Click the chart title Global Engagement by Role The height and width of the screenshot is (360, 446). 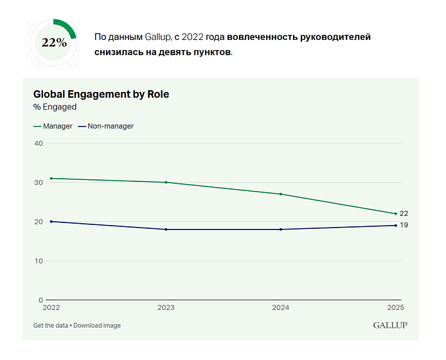pyautogui.click(x=101, y=94)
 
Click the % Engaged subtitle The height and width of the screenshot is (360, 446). pyautogui.click(x=55, y=107)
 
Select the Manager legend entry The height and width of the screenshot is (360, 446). pyautogui.click(x=53, y=126)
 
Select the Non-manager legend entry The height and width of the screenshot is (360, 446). pyautogui.click(x=106, y=126)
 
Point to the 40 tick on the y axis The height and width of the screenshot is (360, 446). pyautogui.click(x=39, y=143)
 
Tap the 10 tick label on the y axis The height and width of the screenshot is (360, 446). pyautogui.click(x=39, y=261)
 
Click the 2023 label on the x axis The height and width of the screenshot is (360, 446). pyautogui.click(x=166, y=308)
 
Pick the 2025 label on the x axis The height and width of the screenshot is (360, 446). pyautogui.click(x=395, y=308)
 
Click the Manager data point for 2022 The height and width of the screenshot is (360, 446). pyautogui.click(x=51, y=179)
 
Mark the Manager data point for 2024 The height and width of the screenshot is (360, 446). pyautogui.click(x=281, y=194)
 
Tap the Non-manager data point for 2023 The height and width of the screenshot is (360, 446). pyautogui.click(x=166, y=230)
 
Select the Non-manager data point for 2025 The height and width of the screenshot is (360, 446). pyautogui.click(x=396, y=226)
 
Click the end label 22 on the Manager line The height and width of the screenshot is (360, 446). pyautogui.click(x=404, y=213)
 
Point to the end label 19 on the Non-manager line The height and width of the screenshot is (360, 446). pyautogui.click(x=404, y=225)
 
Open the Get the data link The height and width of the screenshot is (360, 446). pyautogui.click(x=51, y=325)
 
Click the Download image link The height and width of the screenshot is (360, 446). pyautogui.click(x=97, y=325)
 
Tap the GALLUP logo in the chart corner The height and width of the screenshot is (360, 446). pyautogui.click(x=391, y=325)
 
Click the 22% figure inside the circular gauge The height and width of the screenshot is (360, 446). pyautogui.click(x=54, y=42)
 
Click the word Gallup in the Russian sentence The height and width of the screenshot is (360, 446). pyautogui.click(x=158, y=37)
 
